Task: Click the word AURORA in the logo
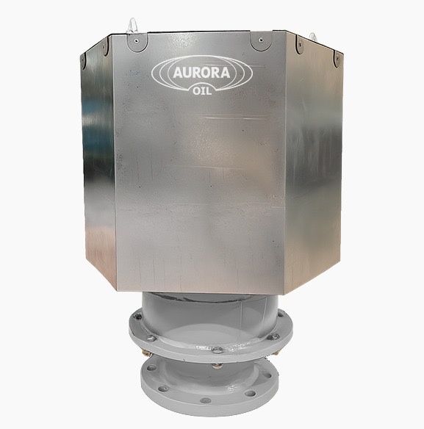[x=201, y=73]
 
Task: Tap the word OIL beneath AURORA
[x=202, y=91]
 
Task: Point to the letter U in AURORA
[x=187, y=73]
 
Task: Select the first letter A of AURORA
[x=178, y=73]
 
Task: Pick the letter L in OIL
[x=209, y=91]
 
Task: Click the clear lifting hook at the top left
[x=132, y=26]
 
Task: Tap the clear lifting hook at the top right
[x=312, y=37]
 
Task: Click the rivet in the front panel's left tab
[x=137, y=41]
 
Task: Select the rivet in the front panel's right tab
[x=261, y=40]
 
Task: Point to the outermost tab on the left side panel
[x=82, y=61]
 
